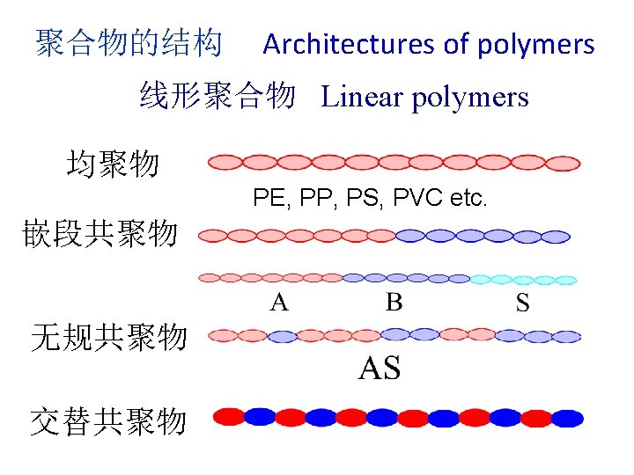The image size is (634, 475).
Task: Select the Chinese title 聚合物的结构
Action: tap(129, 43)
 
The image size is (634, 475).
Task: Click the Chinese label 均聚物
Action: tap(113, 164)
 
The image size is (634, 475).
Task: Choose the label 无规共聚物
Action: tap(108, 337)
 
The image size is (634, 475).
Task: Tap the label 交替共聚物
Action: tap(108, 422)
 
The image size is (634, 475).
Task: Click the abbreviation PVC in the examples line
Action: tap(413, 198)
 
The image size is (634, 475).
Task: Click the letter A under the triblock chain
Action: tap(278, 303)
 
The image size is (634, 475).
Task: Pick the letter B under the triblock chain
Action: tap(394, 303)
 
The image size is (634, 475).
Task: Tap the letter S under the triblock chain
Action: tap(522, 303)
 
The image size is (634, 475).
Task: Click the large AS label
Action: tap(380, 369)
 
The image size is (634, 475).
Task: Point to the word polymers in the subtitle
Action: tap(471, 97)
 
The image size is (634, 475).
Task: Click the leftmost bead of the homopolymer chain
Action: tap(225, 163)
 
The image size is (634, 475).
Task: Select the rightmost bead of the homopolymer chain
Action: tap(564, 163)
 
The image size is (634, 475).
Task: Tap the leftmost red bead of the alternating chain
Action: tap(231, 416)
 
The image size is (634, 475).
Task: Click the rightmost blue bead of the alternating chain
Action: tap(567, 418)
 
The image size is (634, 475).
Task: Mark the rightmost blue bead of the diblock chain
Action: tap(556, 236)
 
